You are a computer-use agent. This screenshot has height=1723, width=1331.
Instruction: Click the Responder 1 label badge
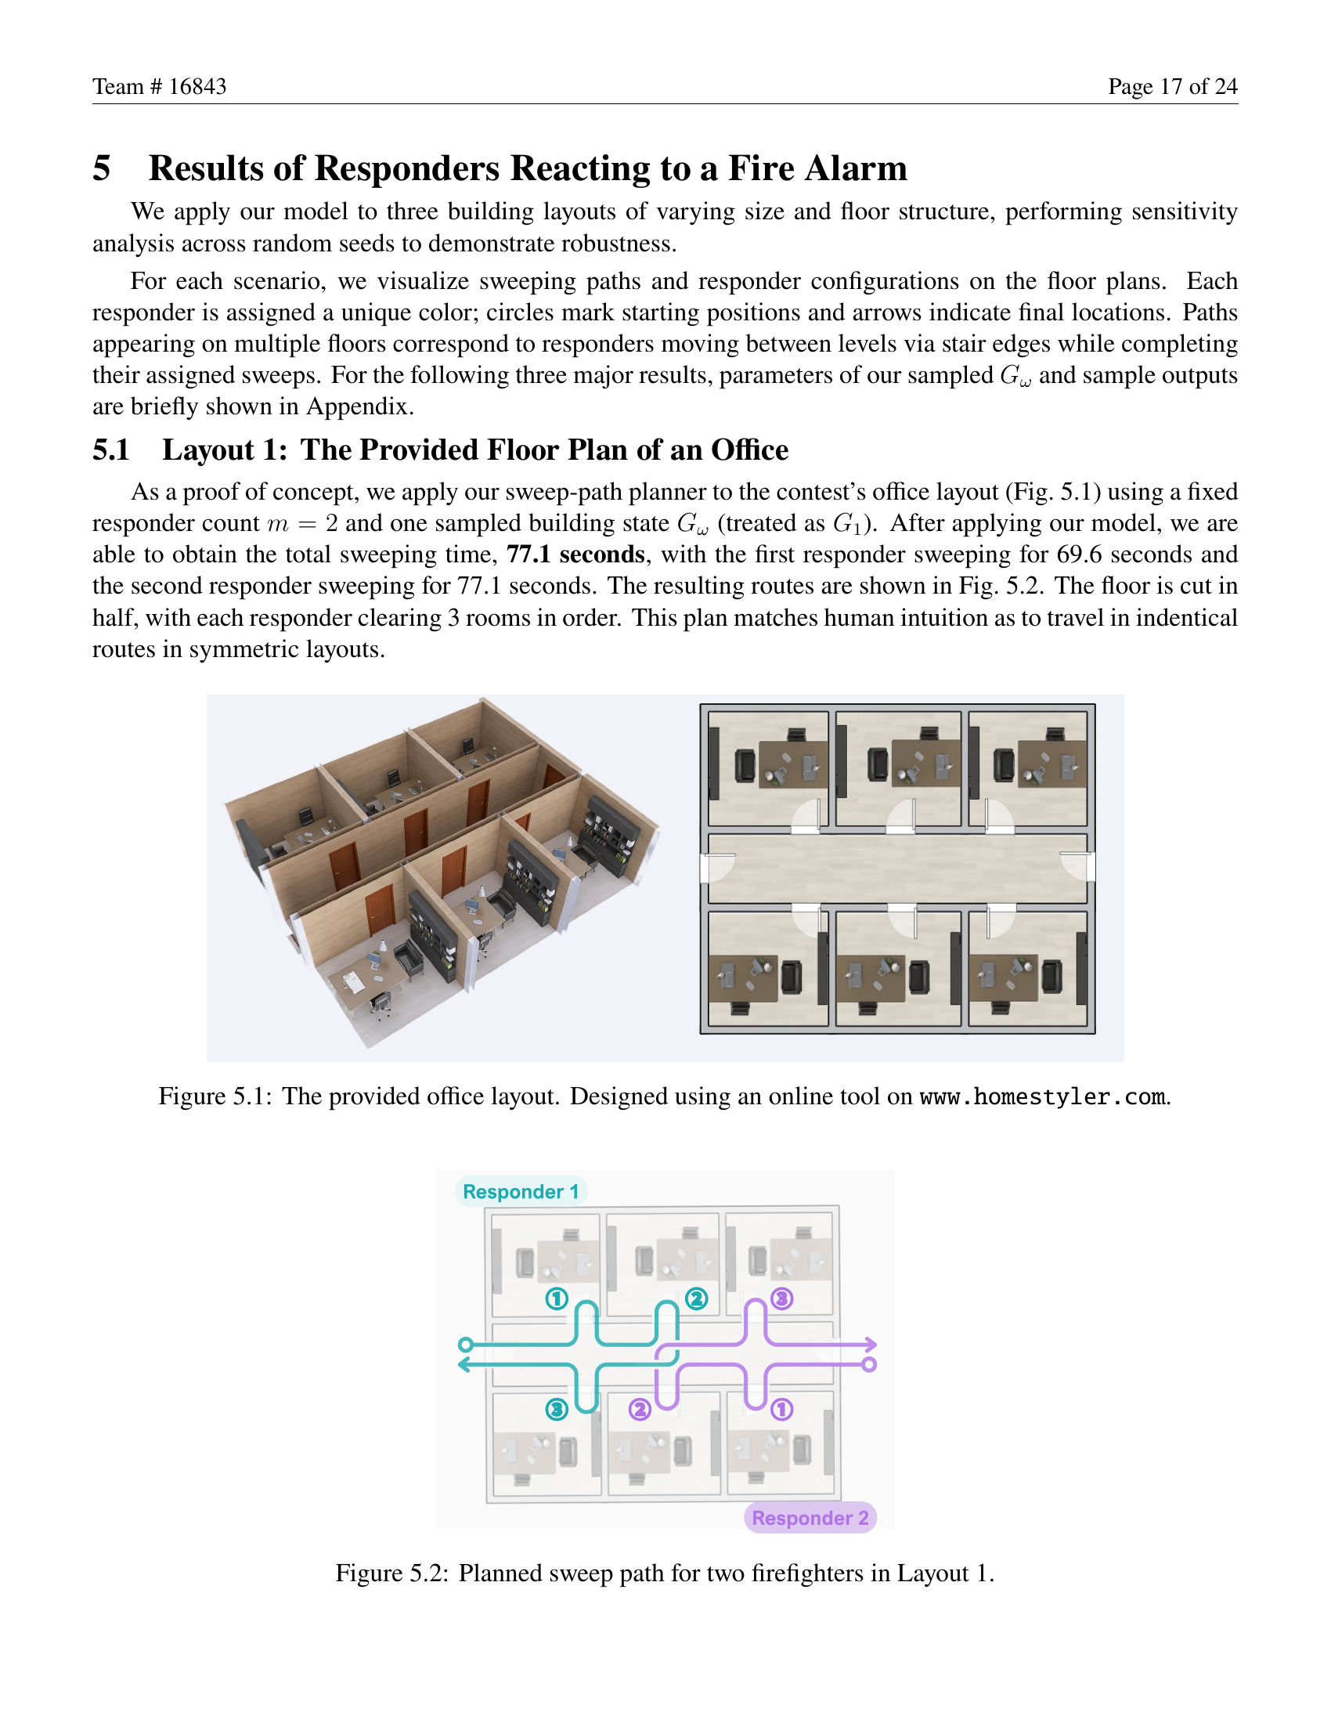tap(521, 1191)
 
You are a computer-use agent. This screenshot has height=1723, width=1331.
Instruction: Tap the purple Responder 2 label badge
tap(810, 1518)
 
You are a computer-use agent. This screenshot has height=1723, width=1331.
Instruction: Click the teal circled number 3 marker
tap(557, 1409)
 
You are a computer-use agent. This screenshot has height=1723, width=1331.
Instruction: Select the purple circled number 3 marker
tap(781, 1299)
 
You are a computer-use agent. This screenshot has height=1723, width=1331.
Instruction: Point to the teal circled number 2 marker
tap(696, 1299)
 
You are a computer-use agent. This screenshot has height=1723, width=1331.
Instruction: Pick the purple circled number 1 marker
tap(781, 1409)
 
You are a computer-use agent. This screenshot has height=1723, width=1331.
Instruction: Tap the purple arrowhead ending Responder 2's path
tap(871, 1343)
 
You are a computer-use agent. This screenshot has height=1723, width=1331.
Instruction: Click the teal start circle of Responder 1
tap(465, 1344)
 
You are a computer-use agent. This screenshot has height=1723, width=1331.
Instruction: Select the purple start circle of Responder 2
tap(869, 1364)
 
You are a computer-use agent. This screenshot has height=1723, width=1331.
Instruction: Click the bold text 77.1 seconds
tap(575, 554)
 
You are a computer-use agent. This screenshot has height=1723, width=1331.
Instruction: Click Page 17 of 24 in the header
tap(1172, 86)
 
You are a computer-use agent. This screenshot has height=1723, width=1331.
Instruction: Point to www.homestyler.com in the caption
tap(1041, 1096)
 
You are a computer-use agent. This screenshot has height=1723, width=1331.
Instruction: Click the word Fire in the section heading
tap(759, 168)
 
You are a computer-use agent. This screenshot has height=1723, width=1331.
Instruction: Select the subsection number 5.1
tap(111, 450)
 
